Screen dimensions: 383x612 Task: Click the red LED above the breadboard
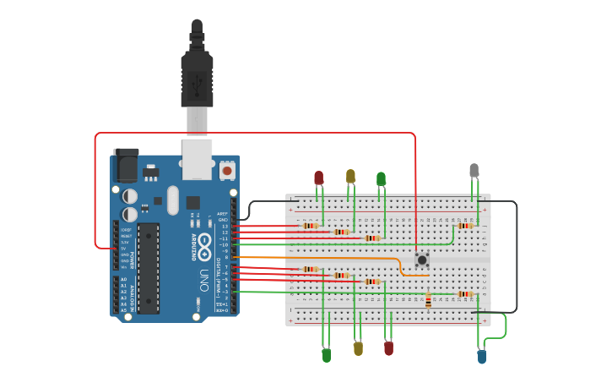pyautogui.click(x=318, y=178)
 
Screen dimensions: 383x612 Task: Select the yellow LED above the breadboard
pyautogui.click(x=350, y=176)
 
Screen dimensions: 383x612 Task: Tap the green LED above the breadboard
pyautogui.click(x=381, y=178)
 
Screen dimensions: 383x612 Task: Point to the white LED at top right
pyautogui.click(x=474, y=170)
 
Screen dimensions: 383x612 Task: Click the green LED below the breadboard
pyautogui.click(x=327, y=355)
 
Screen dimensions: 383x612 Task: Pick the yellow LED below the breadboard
pyautogui.click(x=358, y=348)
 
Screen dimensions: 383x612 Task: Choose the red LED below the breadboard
pyautogui.click(x=388, y=347)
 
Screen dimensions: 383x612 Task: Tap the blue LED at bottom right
pyautogui.click(x=482, y=357)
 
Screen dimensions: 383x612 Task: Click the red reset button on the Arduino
pyautogui.click(x=226, y=170)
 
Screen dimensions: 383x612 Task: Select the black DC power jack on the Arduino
pyautogui.click(x=127, y=165)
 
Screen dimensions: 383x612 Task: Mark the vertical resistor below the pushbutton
pyautogui.click(x=428, y=301)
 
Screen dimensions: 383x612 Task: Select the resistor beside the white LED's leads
pyautogui.click(x=464, y=226)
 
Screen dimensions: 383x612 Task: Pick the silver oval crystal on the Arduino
pyautogui.click(x=173, y=200)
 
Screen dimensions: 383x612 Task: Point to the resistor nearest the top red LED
pyautogui.click(x=311, y=226)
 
